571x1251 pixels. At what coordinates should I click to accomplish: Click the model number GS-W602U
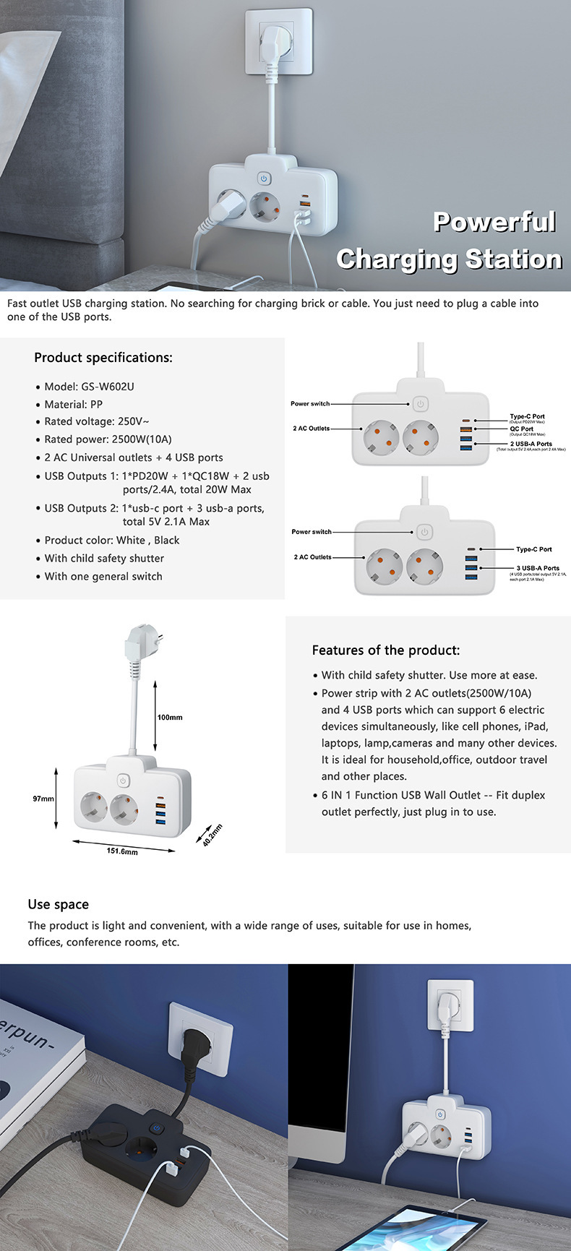108,387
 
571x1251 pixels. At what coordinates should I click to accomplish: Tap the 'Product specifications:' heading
103,358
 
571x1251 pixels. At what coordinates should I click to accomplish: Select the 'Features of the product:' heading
385,650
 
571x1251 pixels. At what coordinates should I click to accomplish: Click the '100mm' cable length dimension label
170,718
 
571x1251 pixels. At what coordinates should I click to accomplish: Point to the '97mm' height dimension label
43,799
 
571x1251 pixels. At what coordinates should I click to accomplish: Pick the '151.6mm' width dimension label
122,851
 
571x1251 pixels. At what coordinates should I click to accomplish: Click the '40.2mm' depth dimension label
212,835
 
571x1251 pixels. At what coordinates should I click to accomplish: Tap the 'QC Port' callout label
521,429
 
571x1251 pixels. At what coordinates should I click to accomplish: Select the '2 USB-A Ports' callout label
531,444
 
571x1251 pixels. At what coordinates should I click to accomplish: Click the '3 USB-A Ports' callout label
538,568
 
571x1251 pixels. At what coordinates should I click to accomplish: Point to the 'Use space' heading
59,905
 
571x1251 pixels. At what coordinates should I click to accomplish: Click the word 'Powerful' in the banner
494,222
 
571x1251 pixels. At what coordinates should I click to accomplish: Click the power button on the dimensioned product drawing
124,781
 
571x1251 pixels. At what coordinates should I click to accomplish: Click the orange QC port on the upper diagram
465,430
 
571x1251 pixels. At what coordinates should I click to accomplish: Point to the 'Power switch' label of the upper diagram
309,404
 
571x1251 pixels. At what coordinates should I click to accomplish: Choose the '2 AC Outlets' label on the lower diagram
312,557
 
